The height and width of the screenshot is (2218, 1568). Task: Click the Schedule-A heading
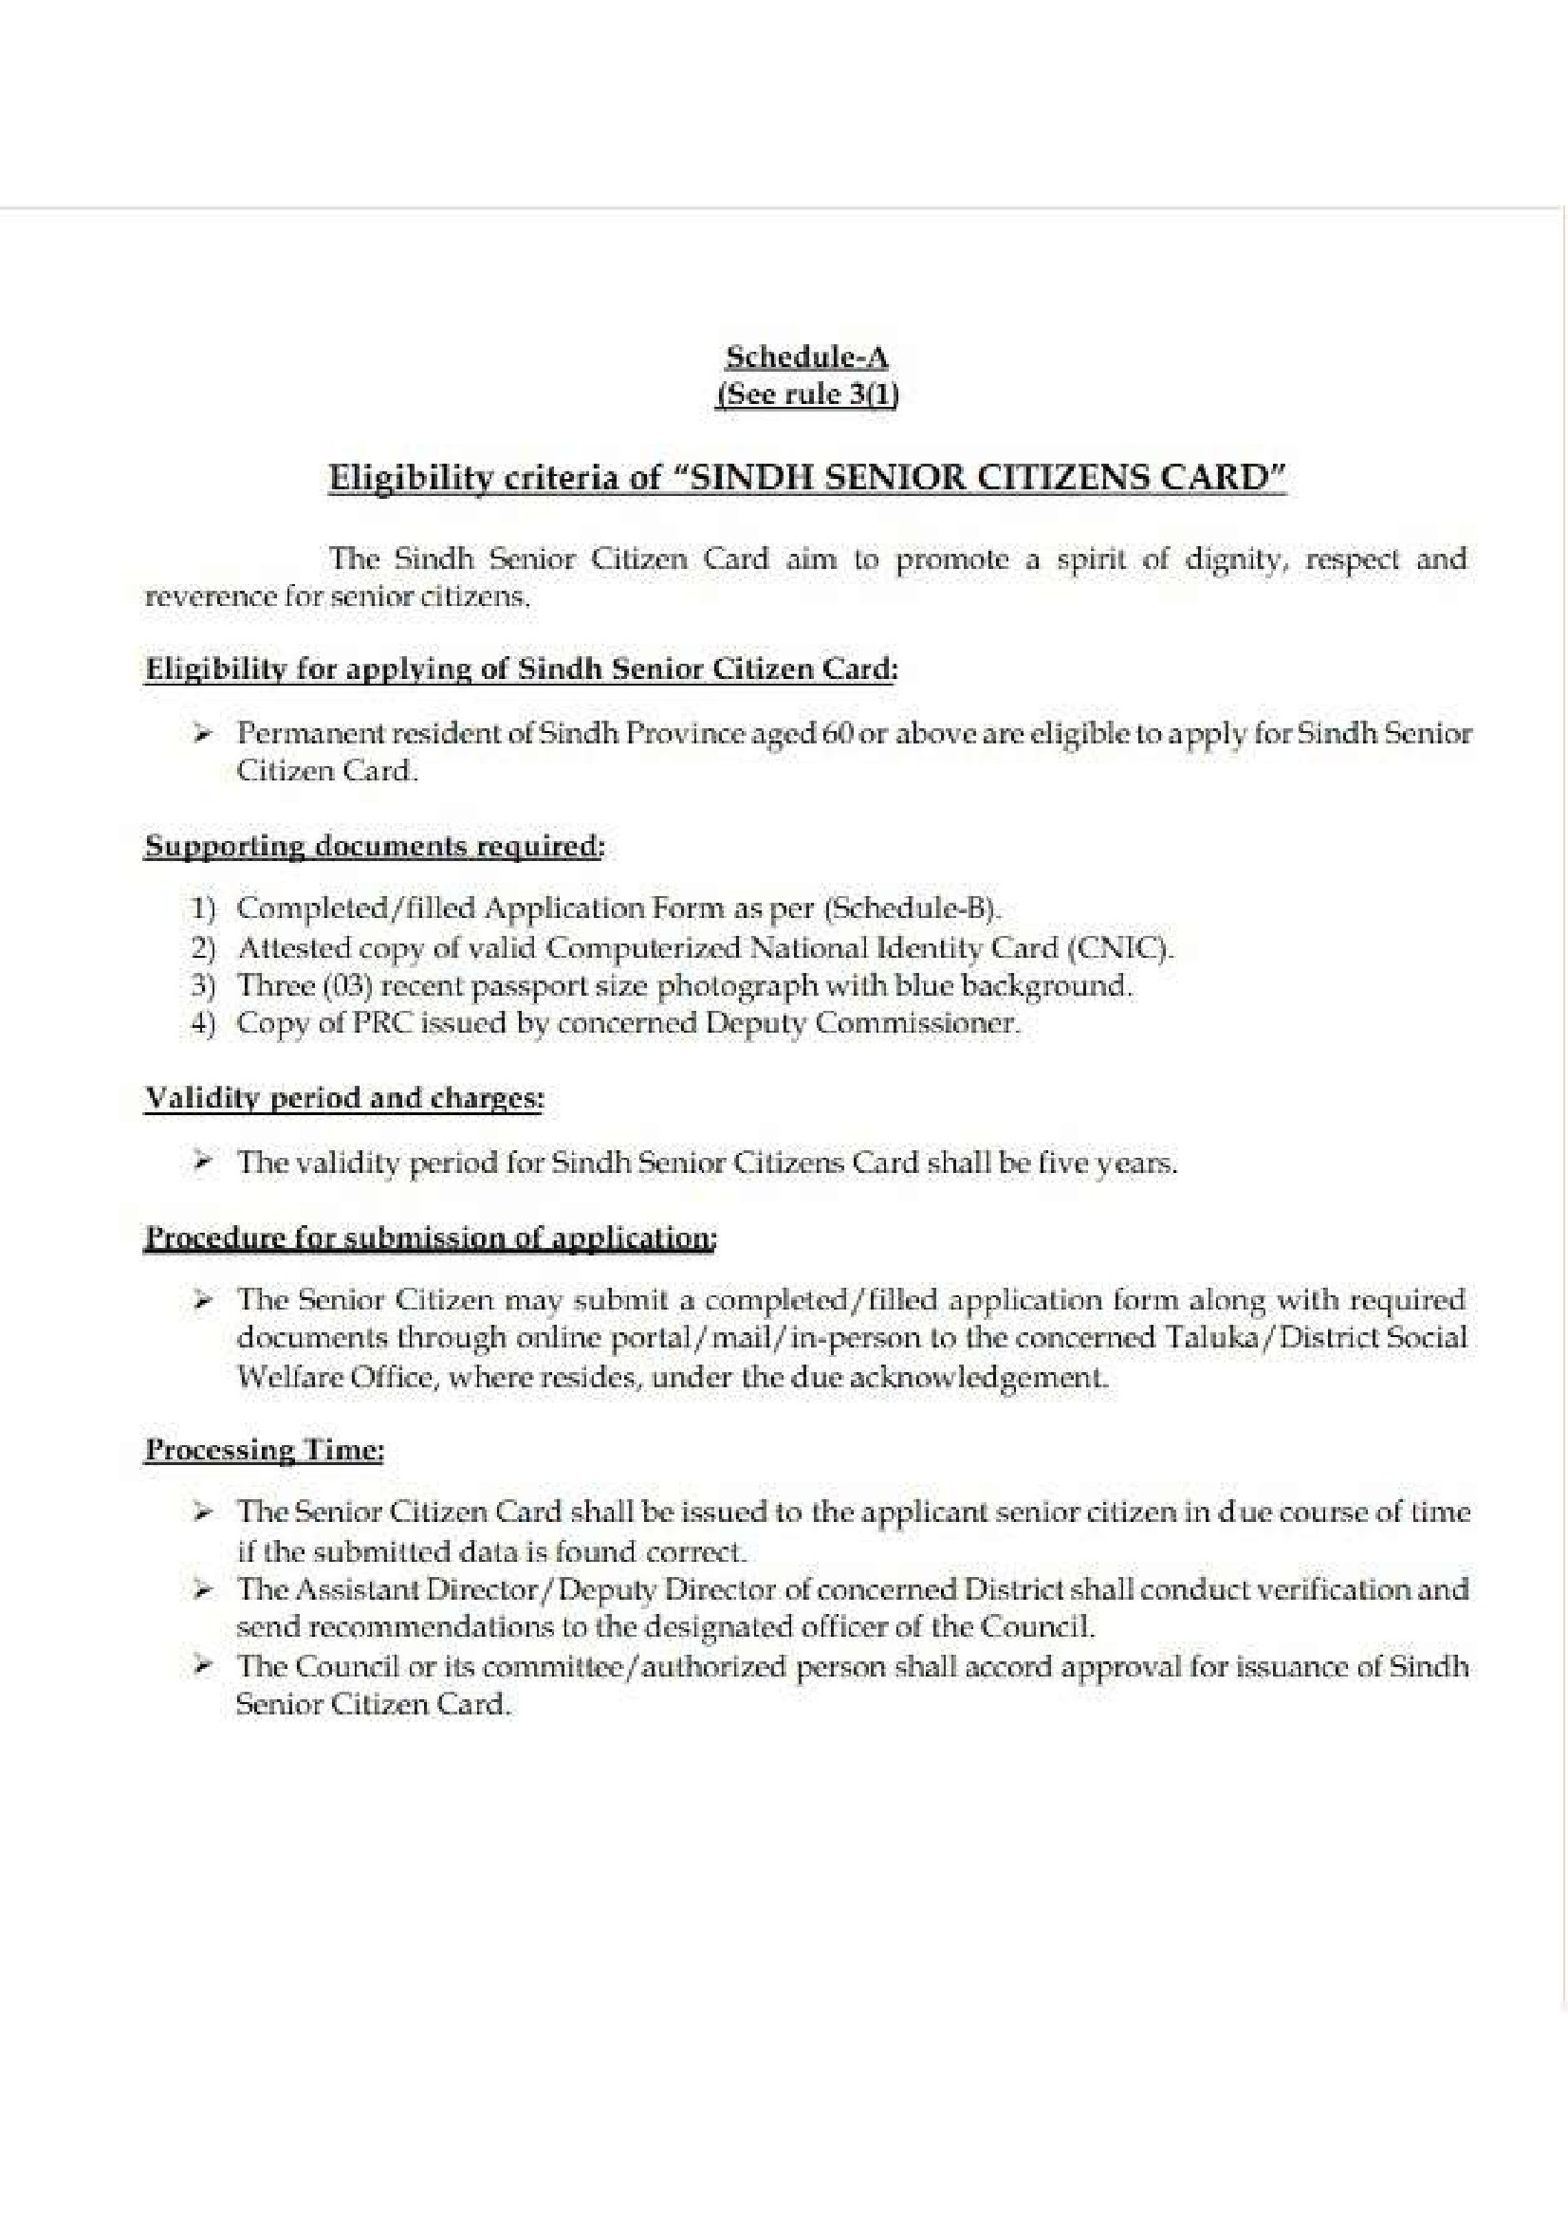tap(806, 357)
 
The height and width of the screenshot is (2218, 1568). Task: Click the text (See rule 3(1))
tap(806, 395)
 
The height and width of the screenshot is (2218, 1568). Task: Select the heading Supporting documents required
tap(374, 846)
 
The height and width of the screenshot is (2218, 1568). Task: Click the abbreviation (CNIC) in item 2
tap(1120, 947)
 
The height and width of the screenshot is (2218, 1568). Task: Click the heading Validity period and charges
tap(343, 1098)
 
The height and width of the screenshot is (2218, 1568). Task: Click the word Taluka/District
tap(1268, 1338)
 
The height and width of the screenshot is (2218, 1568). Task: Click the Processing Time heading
tap(264, 1451)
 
